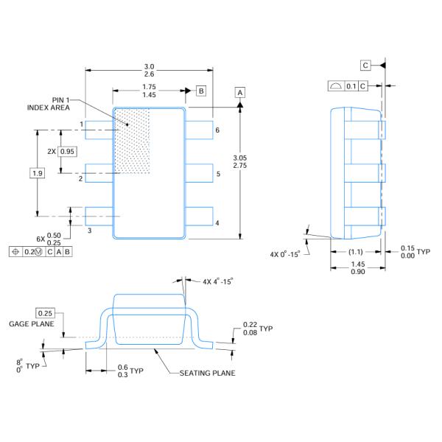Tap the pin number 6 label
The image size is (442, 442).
click(x=217, y=130)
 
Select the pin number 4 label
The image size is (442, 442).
click(x=217, y=222)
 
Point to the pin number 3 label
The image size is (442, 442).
click(x=89, y=231)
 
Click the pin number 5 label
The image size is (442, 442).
click(x=217, y=175)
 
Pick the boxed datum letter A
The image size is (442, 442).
click(x=240, y=91)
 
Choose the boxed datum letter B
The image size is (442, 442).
click(x=201, y=91)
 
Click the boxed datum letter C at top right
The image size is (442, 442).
click(x=366, y=66)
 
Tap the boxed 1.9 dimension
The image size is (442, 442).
click(x=36, y=173)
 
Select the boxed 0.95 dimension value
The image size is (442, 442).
click(x=67, y=151)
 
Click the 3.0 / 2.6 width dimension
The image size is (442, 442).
click(x=149, y=70)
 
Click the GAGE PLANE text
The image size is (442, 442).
click(x=29, y=324)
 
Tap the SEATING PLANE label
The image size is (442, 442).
click(x=208, y=373)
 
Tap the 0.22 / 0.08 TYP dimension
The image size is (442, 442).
click(x=252, y=329)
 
